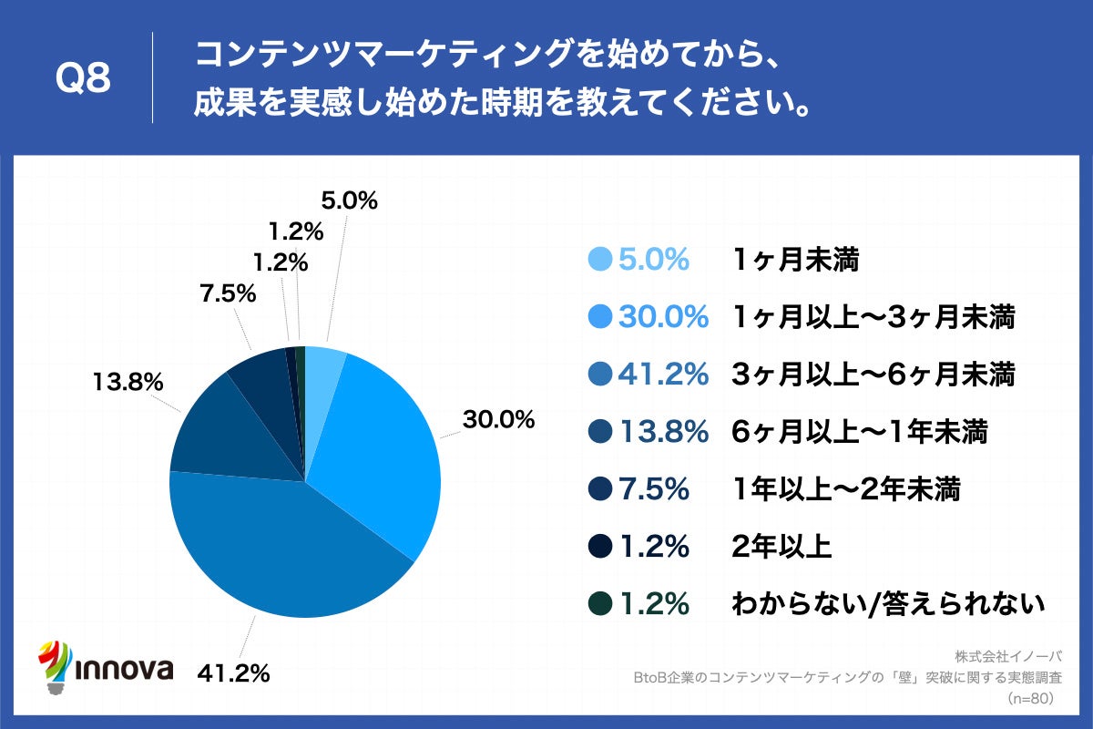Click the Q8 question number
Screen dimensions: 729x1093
pos(83,79)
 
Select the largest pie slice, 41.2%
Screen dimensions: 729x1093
pos(282,547)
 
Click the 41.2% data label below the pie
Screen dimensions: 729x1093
pos(233,673)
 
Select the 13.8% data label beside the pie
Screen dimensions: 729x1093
pos(127,382)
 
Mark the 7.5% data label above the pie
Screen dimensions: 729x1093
pos(227,294)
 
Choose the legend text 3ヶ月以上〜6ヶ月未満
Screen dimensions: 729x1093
pos(873,375)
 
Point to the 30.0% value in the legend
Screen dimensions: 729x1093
pos(663,317)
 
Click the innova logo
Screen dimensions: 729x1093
pos(106,665)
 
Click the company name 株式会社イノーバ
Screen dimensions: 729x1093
pos(1008,657)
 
